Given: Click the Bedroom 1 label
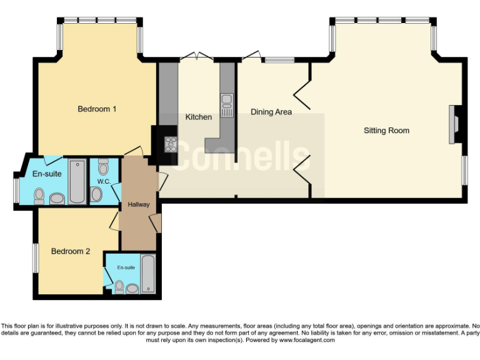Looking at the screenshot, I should point(97,109).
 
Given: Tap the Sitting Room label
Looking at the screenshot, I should point(386,131).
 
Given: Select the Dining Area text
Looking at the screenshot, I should point(271,112).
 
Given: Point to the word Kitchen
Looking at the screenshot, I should point(198,117).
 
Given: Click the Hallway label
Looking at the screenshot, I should point(138,204).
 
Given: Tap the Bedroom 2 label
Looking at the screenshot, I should point(71,251).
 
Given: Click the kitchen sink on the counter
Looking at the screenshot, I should point(227,102).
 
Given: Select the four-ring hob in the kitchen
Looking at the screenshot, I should point(170,144).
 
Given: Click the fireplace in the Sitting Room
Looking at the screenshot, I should point(454,125).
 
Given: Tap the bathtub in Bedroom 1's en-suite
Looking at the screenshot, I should point(77,182).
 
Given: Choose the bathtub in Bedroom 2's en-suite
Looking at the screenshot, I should point(148,274).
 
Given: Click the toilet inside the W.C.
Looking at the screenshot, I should point(103,167).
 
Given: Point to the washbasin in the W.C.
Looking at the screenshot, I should point(96,194).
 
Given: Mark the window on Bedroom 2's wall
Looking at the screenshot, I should point(35,257).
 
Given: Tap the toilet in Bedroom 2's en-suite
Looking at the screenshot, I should point(119,287).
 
